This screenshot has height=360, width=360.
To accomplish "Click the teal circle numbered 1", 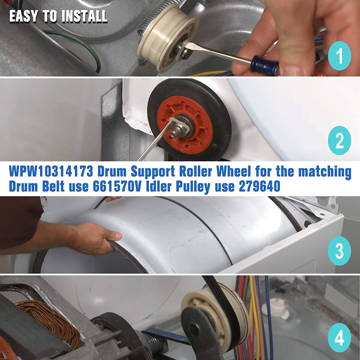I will coord(339,57).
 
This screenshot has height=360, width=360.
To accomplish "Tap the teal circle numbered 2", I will coord(339,141).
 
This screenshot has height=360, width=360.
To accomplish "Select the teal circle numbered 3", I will coord(339,251).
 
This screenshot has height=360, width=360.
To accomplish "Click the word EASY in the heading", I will coord(23,17).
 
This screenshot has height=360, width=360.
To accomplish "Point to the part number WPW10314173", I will coord(50,172).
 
